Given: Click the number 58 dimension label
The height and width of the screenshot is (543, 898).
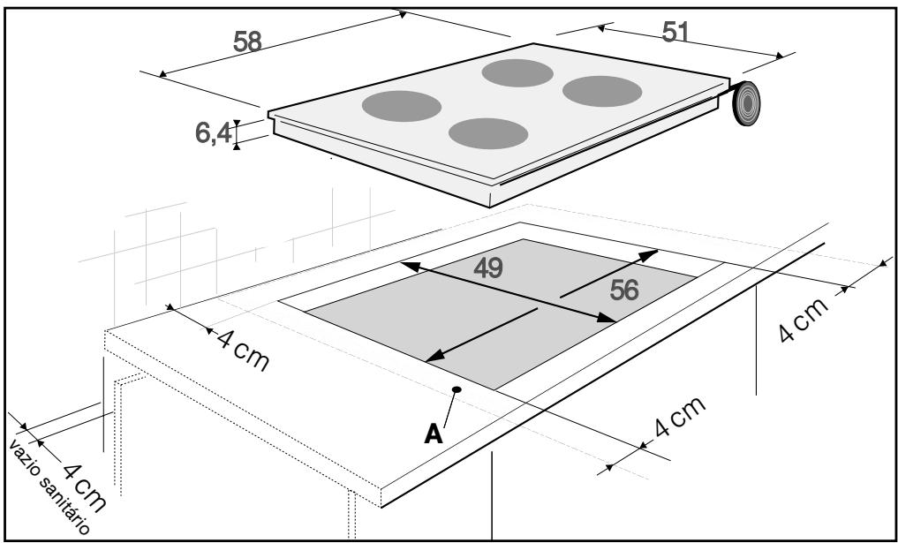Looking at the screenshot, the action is pyautogui.click(x=247, y=41).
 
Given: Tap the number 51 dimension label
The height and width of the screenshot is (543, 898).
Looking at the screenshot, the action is pyautogui.click(x=675, y=32).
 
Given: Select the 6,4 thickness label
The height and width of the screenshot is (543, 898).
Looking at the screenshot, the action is pyautogui.click(x=214, y=133).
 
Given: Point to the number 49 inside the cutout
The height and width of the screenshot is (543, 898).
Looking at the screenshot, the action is pyautogui.click(x=488, y=268).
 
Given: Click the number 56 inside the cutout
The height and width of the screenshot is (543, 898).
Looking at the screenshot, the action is pyautogui.click(x=624, y=290).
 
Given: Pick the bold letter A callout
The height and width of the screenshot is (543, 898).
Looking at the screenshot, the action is pyautogui.click(x=434, y=434).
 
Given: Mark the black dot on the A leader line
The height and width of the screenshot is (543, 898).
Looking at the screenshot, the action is pyautogui.click(x=457, y=389).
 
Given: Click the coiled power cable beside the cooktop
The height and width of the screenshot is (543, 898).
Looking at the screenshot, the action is pyautogui.click(x=747, y=103).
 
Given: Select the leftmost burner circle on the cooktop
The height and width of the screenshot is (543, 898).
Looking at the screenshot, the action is pyautogui.click(x=402, y=106).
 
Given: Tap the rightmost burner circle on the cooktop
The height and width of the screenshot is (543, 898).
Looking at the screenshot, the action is pyautogui.click(x=602, y=91).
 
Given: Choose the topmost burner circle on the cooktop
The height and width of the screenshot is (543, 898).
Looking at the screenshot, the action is pyautogui.click(x=517, y=72).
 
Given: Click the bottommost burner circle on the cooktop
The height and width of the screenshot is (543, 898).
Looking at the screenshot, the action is pyautogui.click(x=488, y=133).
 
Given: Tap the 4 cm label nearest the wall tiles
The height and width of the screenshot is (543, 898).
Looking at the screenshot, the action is pyautogui.click(x=243, y=351).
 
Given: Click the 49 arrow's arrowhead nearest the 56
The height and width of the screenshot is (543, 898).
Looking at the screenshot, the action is pyautogui.click(x=607, y=317).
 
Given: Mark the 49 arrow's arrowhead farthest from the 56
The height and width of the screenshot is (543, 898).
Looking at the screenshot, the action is pyautogui.click(x=410, y=266).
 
